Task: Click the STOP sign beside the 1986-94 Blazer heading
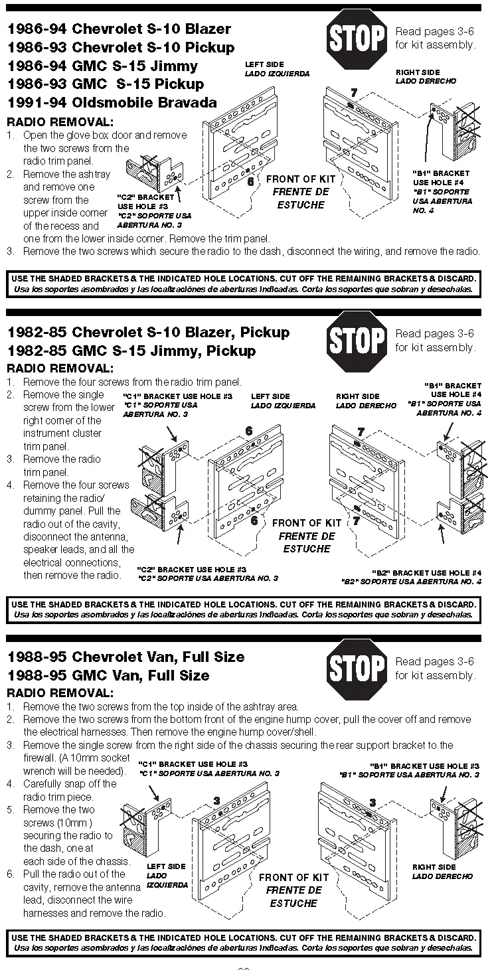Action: pos(357,38)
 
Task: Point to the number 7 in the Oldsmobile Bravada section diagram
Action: pos(354,92)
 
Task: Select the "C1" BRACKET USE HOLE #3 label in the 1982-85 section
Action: pos(177,396)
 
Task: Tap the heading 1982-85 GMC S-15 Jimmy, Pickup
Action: pos(131,351)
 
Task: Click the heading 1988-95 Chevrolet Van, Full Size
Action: pos(125,657)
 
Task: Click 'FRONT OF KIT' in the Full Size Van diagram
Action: pos(293,877)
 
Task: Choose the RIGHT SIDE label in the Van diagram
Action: pos(434,866)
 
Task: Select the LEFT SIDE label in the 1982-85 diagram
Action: pos(270,396)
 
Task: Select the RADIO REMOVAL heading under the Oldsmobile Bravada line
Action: pos(60,122)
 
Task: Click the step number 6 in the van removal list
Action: pos(11,874)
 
